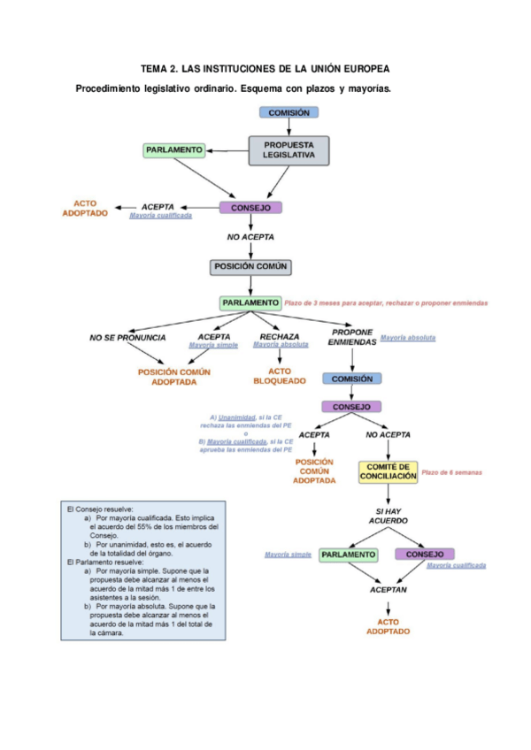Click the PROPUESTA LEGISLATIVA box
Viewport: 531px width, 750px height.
[x=289, y=150]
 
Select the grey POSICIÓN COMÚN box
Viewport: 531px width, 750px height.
[x=250, y=266]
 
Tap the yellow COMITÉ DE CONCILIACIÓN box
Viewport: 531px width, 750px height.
[x=388, y=471]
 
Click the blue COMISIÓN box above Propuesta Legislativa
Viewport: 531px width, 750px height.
[x=289, y=112]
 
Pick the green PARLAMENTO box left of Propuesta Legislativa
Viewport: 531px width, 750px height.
[x=174, y=150]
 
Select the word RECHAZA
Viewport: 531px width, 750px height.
[x=280, y=337]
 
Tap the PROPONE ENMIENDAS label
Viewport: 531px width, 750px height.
[x=352, y=337]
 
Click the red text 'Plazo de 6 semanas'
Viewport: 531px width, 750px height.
[x=451, y=472]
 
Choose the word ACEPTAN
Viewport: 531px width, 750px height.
[x=389, y=588]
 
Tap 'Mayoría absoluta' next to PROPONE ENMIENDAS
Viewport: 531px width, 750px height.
[x=408, y=338]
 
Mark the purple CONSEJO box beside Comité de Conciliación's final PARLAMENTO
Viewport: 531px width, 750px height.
[x=424, y=555]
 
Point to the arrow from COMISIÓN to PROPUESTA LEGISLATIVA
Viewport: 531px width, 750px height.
[x=289, y=126]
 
